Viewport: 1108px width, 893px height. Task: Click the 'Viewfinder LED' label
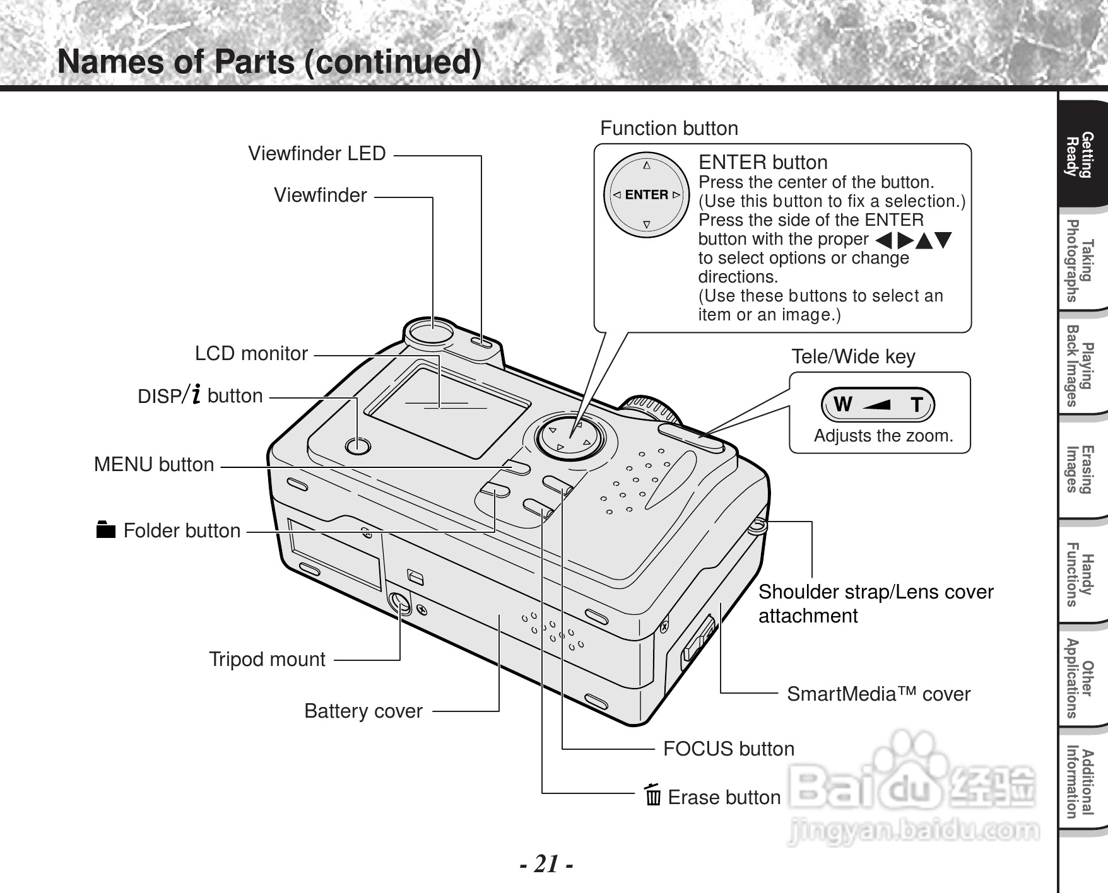click(x=317, y=153)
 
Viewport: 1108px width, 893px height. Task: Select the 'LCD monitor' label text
click(x=251, y=353)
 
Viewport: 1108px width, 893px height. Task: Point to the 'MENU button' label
click(x=154, y=464)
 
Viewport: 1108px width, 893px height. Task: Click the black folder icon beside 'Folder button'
click(x=106, y=530)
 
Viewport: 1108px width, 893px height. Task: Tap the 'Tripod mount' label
click(x=267, y=659)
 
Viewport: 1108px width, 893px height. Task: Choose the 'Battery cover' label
click(x=363, y=711)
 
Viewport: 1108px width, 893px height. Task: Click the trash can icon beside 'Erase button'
click(x=653, y=795)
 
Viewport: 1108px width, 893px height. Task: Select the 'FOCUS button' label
click(x=728, y=749)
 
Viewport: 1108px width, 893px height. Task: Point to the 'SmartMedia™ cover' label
click(x=878, y=694)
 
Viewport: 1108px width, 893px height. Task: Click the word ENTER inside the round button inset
click(x=647, y=195)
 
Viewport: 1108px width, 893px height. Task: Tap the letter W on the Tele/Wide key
click(x=842, y=404)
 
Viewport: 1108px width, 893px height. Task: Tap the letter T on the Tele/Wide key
click(x=916, y=405)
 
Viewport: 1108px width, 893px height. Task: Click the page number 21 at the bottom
click(x=547, y=864)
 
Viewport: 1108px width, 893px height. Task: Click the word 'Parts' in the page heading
click(x=254, y=62)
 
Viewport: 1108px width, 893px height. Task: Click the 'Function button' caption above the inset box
click(x=669, y=128)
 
